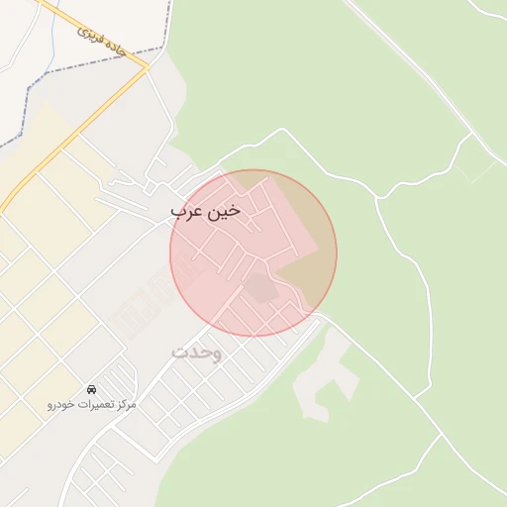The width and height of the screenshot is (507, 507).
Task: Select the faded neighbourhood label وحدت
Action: (x=196, y=352)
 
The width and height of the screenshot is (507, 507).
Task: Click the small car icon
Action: (x=92, y=389)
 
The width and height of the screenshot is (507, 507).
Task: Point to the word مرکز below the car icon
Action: (x=125, y=405)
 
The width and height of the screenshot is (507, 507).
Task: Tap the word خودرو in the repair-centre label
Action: (x=60, y=405)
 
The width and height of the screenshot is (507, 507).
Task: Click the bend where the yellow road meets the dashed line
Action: (x=147, y=67)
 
